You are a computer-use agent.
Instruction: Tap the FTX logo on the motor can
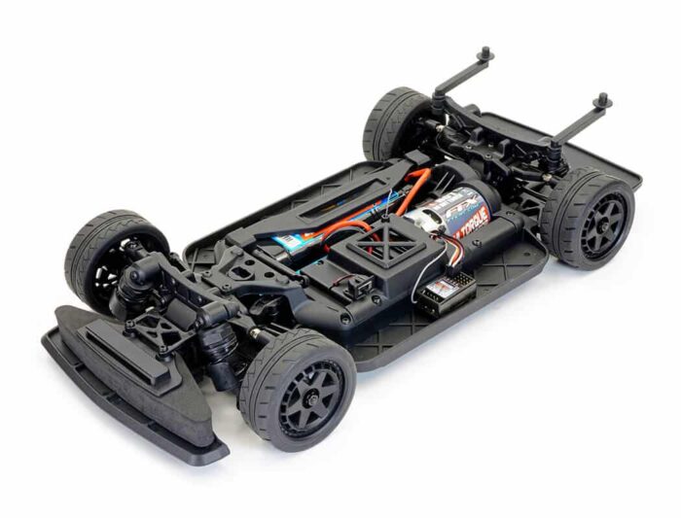point(458,206)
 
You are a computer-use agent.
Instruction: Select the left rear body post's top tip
point(484,54)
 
